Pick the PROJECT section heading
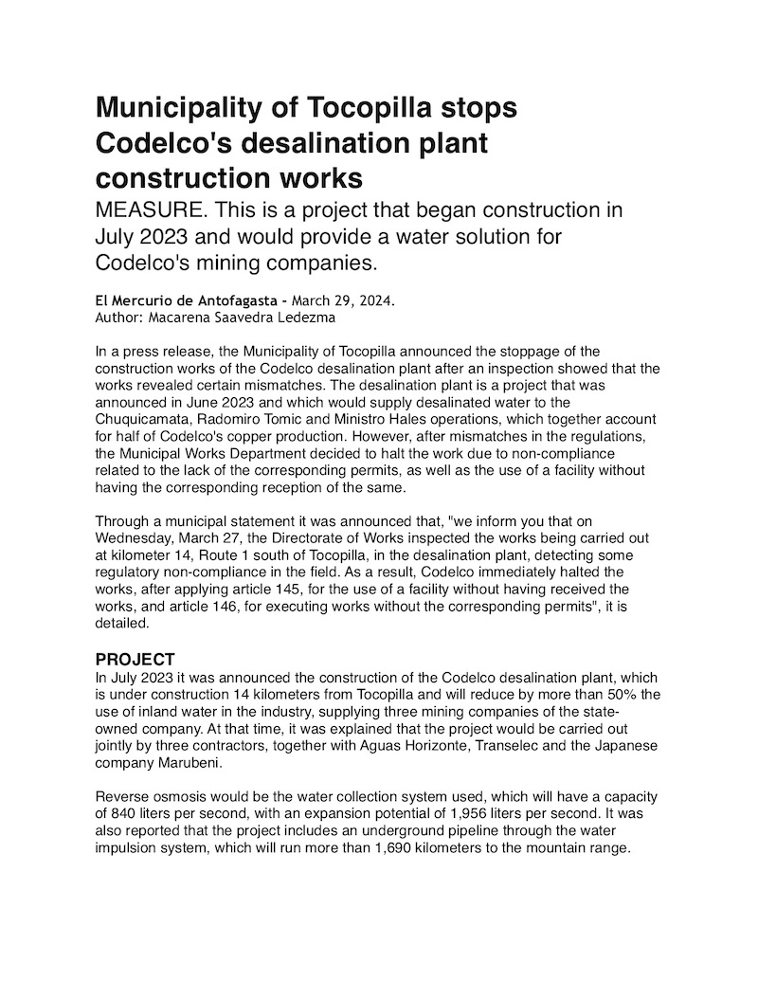[x=135, y=659]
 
